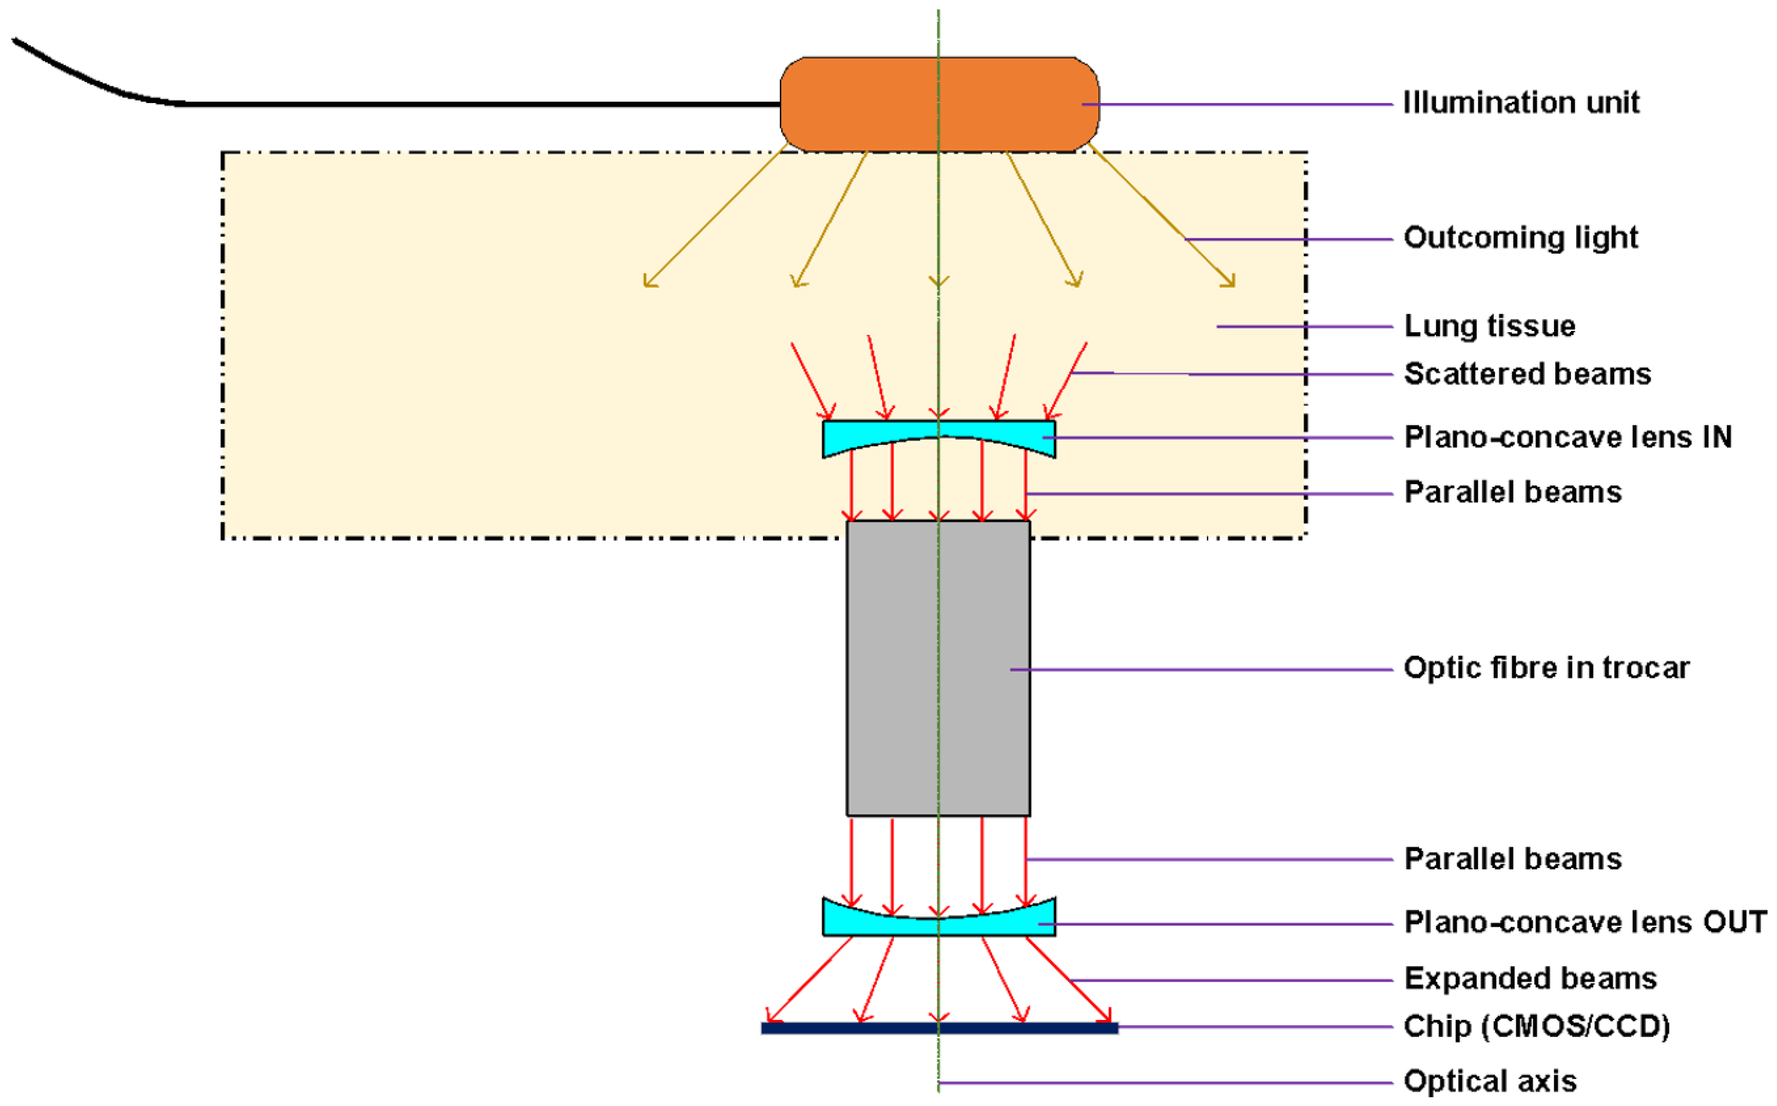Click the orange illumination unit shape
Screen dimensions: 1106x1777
point(863,104)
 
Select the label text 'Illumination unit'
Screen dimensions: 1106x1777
point(1521,102)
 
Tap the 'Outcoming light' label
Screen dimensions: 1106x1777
point(1520,238)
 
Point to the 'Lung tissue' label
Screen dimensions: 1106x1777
point(1489,325)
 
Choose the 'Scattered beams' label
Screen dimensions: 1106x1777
point(1528,374)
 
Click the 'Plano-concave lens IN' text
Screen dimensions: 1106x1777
point(1568,436)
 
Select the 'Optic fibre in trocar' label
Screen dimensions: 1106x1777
point(1547,667)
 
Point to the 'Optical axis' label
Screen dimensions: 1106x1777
point(1489,1080)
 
